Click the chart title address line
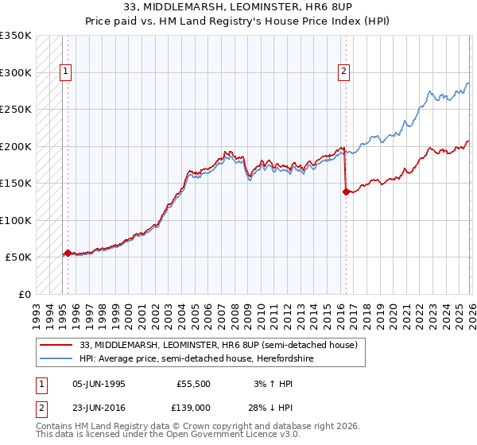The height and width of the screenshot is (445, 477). pyautogui.click(x=238, y=7)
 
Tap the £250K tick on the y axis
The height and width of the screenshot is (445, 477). pyautogui.click(x=16, y=110)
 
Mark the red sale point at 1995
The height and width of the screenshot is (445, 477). pyautogui.click(x=68, y=253)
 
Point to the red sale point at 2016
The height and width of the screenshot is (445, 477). pyautogui.click(x=346, y=192)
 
